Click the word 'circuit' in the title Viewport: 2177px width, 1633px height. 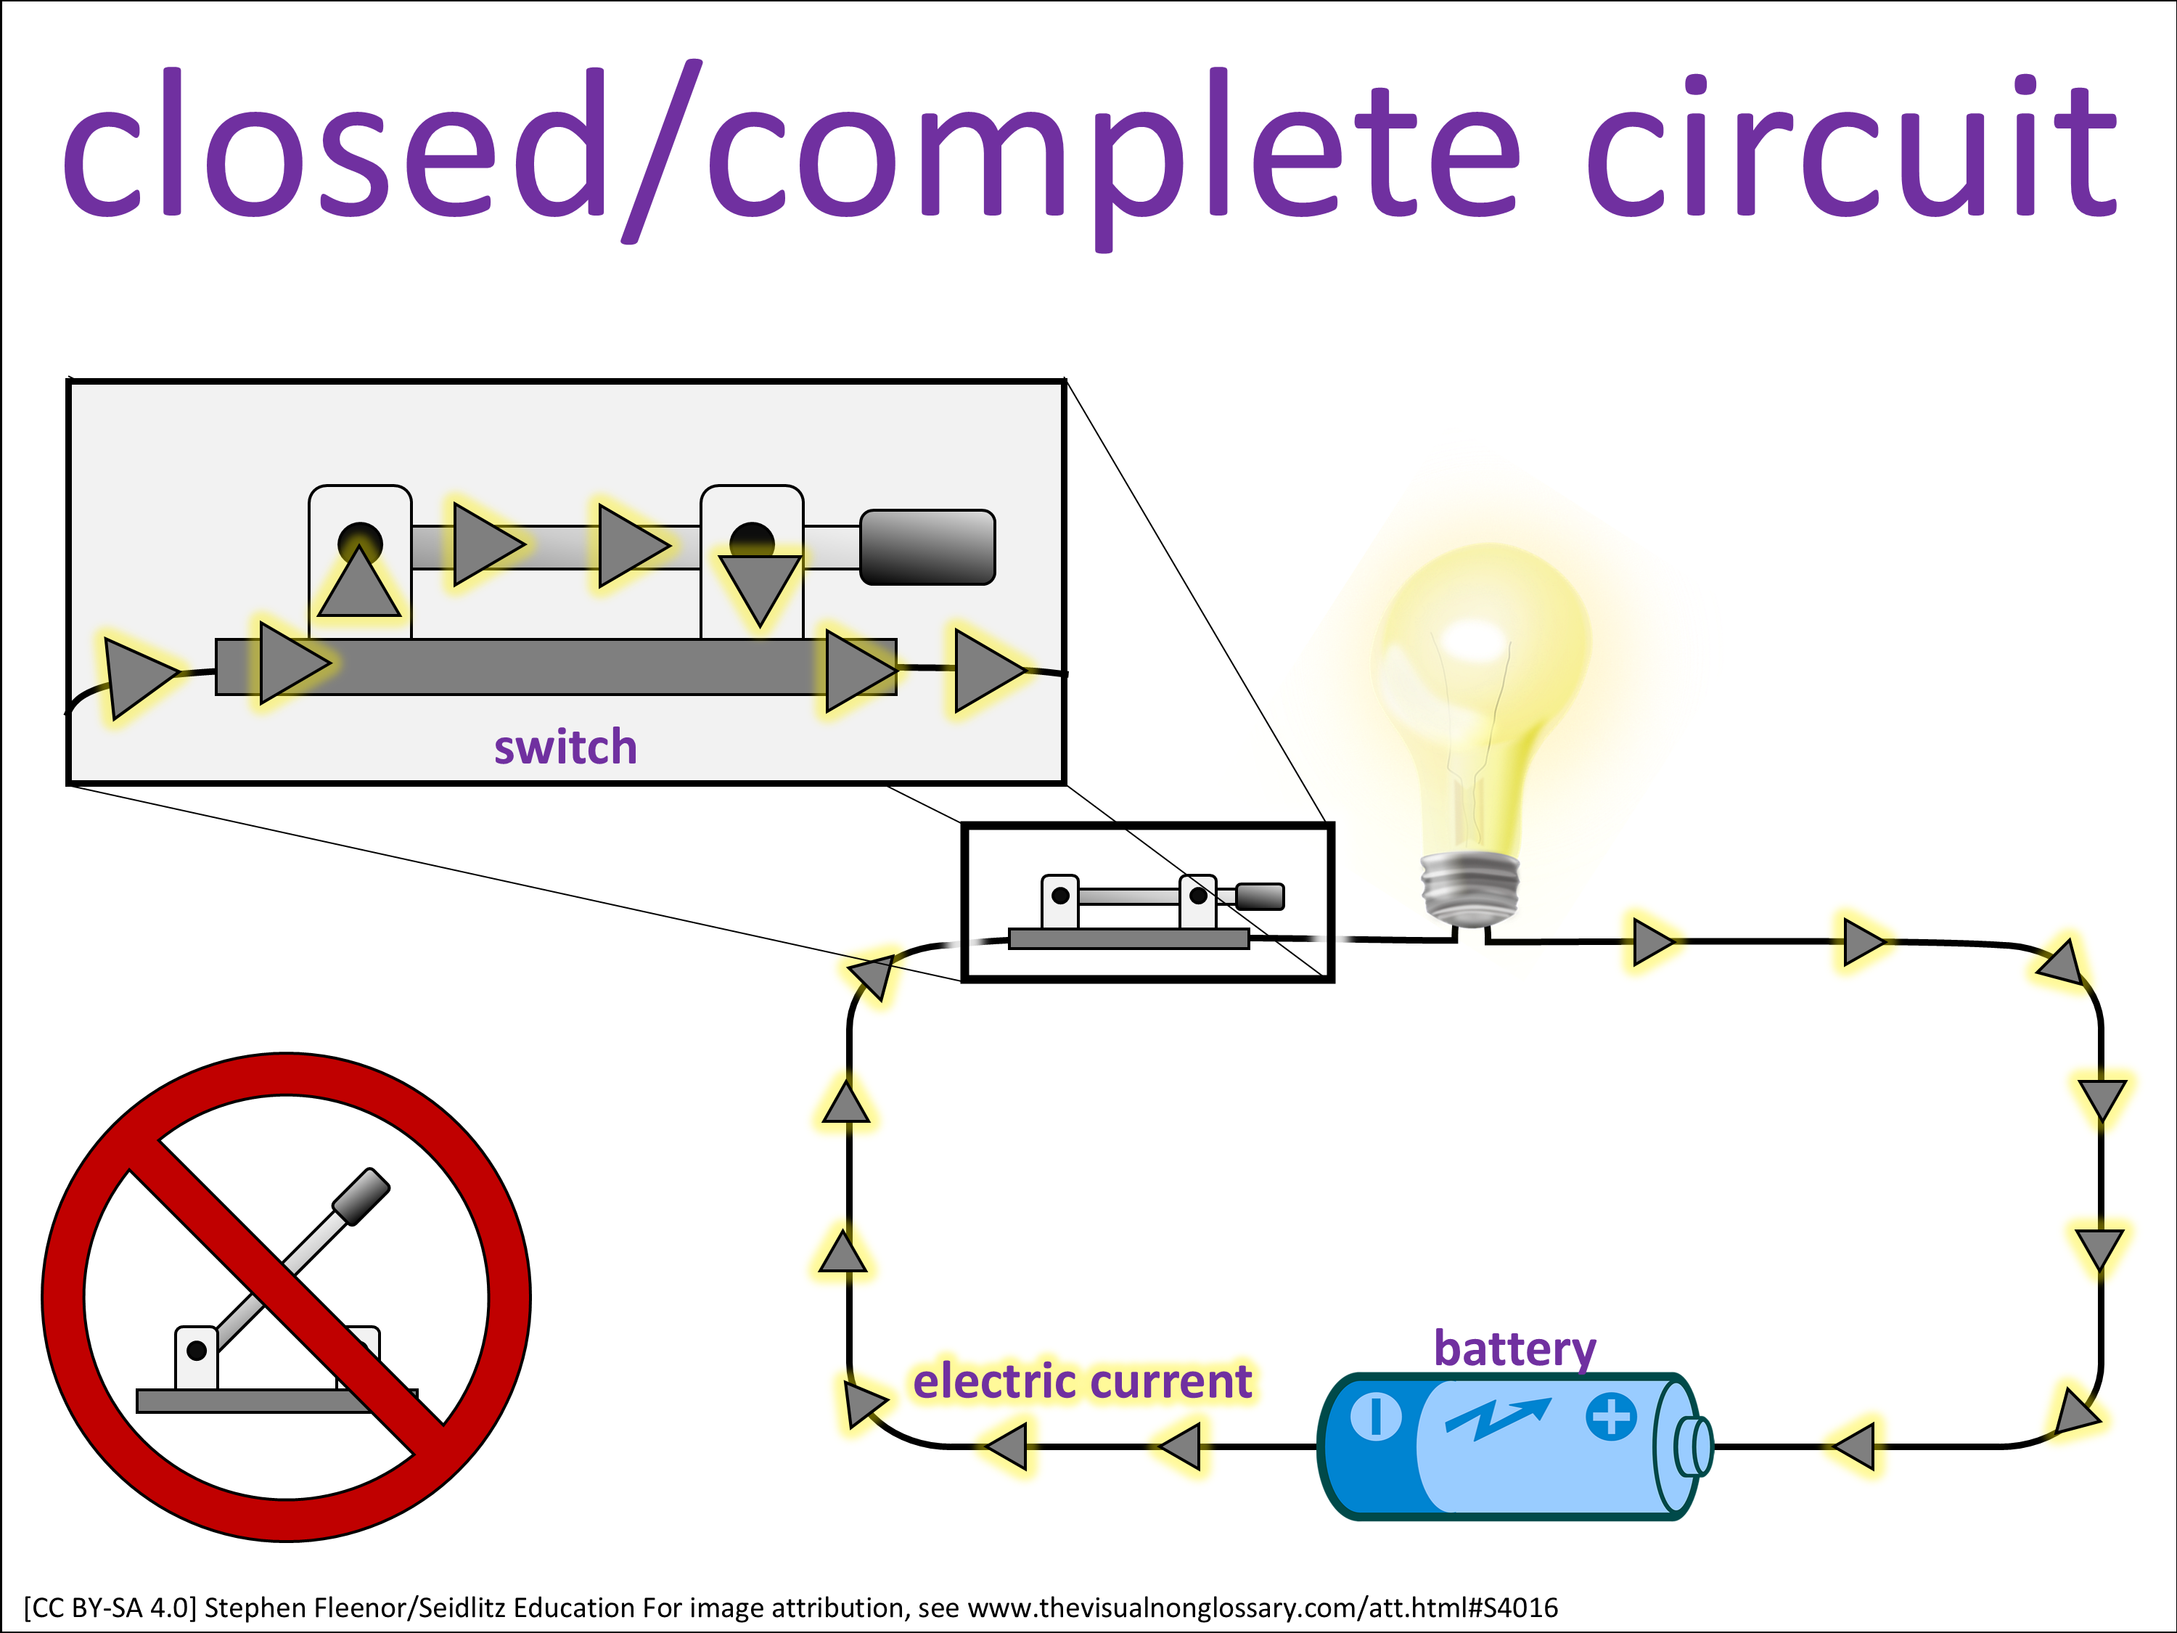tap(1850, 147)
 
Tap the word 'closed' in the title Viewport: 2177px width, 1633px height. tap(335, 147)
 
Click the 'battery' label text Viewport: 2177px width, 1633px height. tap(1514, 1348)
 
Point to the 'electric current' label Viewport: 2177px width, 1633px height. tap(1082, 1381)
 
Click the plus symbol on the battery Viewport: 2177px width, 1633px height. tap(1611, 1417)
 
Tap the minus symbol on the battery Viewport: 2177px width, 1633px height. tap(1376, 1417)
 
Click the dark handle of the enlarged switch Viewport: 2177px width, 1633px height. tap(927, 547)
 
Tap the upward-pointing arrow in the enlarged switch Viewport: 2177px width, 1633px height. tap(359, 585)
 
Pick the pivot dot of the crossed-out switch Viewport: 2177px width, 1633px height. tap(197, 1351)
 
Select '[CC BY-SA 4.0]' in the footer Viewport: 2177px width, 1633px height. tap(110, 1608)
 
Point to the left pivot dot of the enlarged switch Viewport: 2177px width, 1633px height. tap(359, 541)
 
